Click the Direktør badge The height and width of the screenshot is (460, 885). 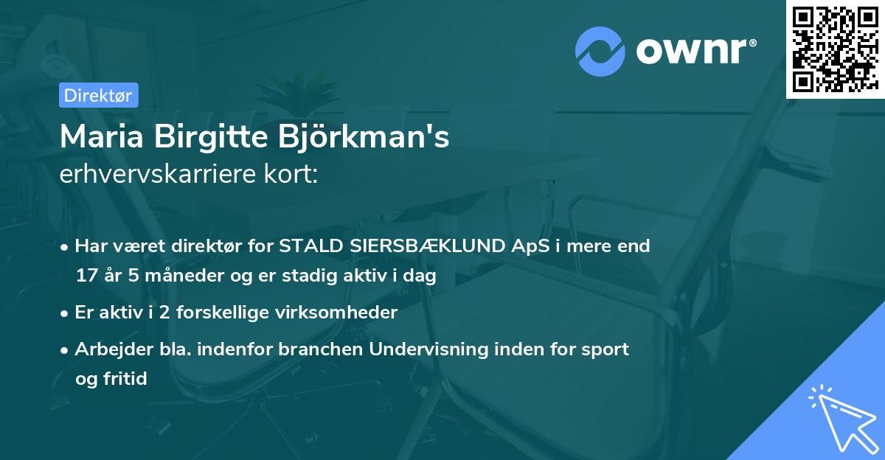click(x=98, y=95)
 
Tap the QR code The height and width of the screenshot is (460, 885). click(x=835, y=49)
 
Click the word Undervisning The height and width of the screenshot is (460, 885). click(x=428, y=349)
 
